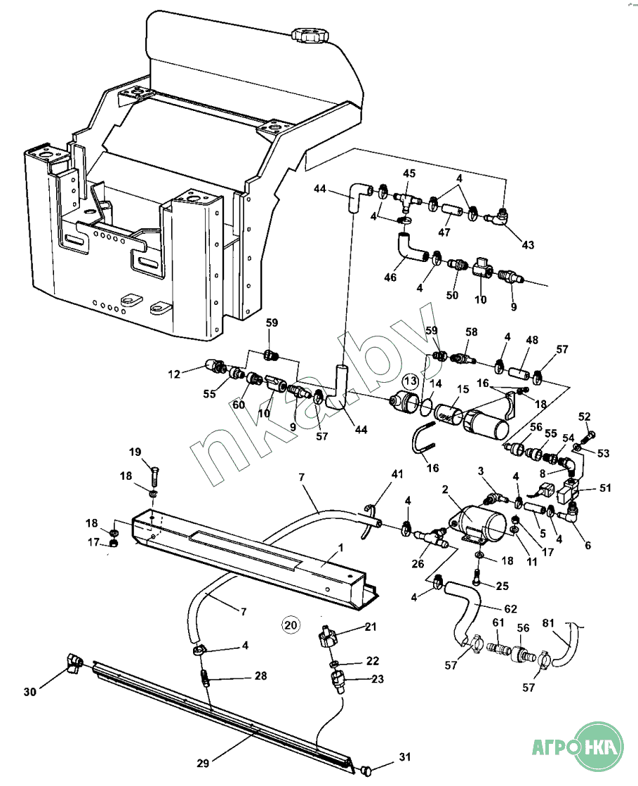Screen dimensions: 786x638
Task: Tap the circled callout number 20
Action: point(290,623)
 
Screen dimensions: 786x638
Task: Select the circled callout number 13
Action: point(411,381)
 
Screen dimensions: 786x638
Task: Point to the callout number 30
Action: point(29,692)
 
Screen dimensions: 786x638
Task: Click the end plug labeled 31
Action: point(365,771)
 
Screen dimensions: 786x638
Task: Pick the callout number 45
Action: point(408,173)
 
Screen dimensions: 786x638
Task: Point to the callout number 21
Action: point(371,627)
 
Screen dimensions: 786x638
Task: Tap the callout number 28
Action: point(260,676)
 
